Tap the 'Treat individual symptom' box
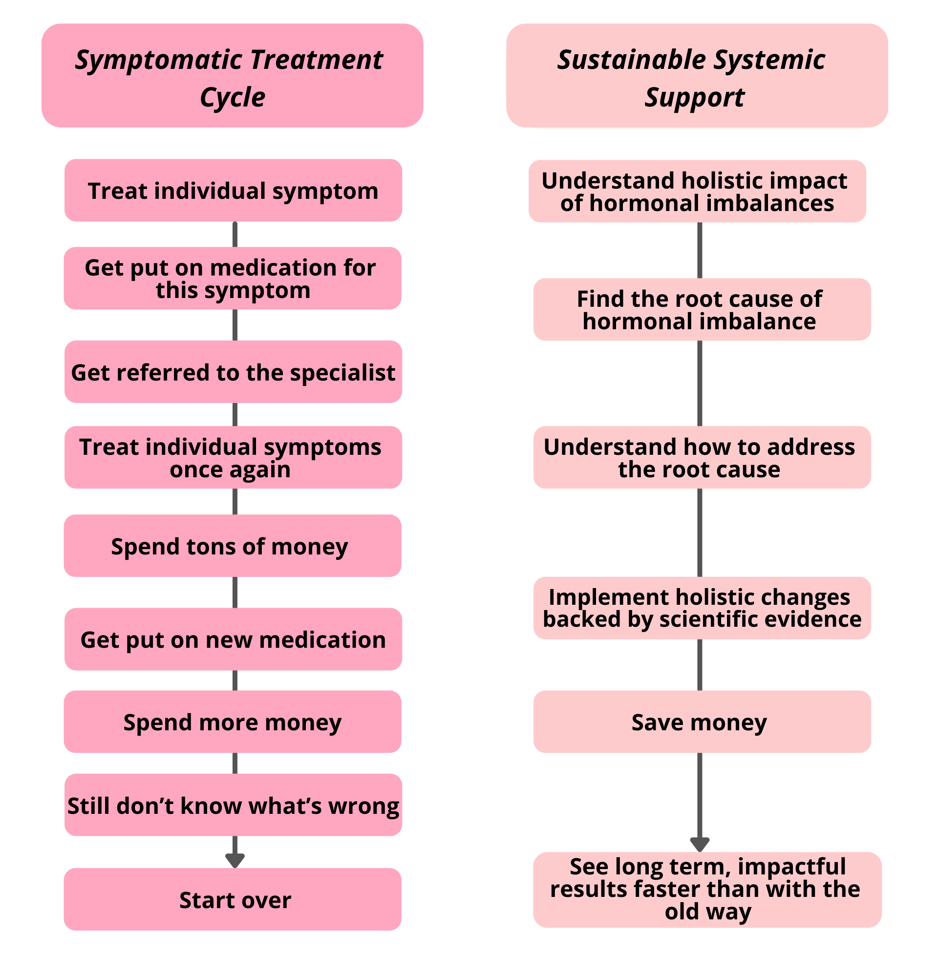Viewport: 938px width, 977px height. click(x=233, y=191)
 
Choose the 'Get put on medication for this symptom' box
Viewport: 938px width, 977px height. click(x=232, y=278)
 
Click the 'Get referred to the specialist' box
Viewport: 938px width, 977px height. click(x=233, y=372)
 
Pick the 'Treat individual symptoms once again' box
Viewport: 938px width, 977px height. click(x=233, y=457)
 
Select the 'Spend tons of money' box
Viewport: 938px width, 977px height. click(x=232, y=546)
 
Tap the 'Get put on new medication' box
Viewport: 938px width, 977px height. click(x=233, y=639)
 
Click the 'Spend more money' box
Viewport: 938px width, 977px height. click(x=232, y=722)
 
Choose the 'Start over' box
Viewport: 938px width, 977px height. click(x=232, y=900)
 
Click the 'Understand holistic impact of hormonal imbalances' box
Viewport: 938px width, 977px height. click(x=697, y=191)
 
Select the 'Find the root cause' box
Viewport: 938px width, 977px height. click(x=702, y=310)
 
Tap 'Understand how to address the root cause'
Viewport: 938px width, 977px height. click(x=702, y=457)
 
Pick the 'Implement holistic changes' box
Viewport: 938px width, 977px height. click(x=702, y=608)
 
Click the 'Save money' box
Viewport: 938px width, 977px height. click(x=702, y=722)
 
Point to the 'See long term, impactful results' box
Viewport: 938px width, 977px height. click(x=707, y=890)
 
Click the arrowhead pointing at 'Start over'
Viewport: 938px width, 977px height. click(x=235, y=860)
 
